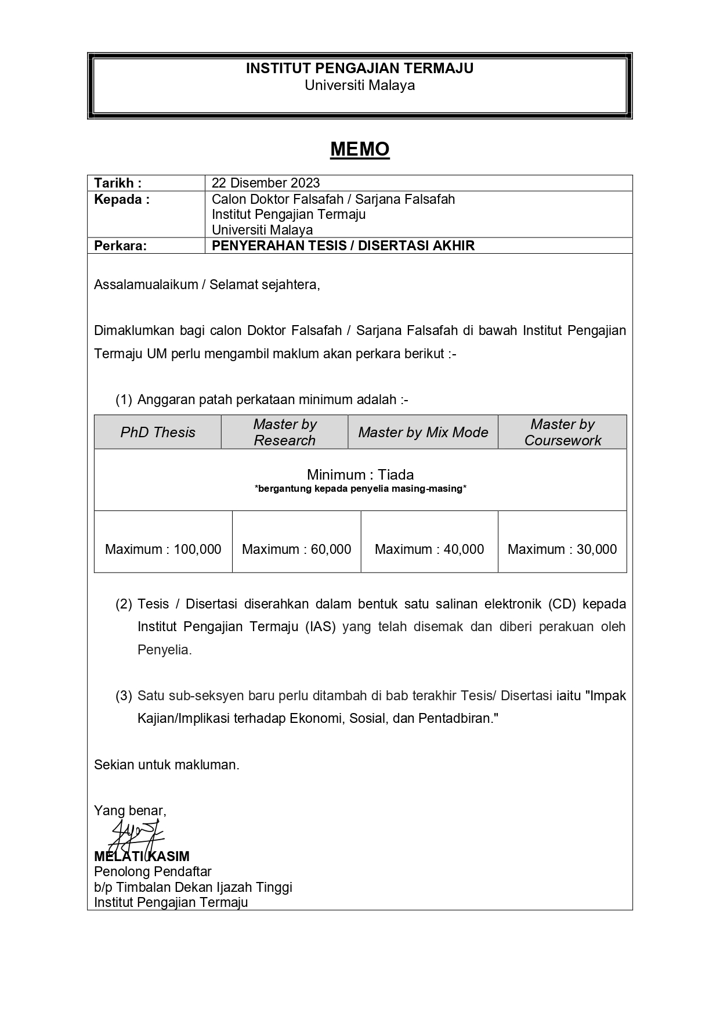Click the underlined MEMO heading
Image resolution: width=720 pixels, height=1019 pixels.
pyautogui.click(x=360, y=149)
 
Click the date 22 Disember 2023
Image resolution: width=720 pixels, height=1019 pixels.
pyautogui.click(x=266, y=183)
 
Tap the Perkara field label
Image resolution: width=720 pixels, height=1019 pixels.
pyautogui.click(x=121, y=246)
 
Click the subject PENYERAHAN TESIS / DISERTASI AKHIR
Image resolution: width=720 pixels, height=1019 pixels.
pyautogui.click(x=343, y=246)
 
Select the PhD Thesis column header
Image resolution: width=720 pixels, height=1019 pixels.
pyautogui.click(x=158, y=432)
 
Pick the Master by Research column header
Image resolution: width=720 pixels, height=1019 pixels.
pyautogui.click(x=284, y=432)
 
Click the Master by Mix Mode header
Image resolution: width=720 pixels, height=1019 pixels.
pyautogui.click(x=423, y=432)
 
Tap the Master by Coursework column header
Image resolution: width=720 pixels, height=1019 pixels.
pyautogui.click(x=562, y=432)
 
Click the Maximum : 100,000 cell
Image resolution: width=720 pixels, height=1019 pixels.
pyautogui.click(x=163, y=549)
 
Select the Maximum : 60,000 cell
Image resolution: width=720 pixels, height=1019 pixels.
pyautogui.click(x=296, y=549)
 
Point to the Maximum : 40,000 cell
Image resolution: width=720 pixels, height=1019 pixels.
pyautogui.click(x=429, y=549)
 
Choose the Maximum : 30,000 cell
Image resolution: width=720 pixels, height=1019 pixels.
pyautogui.click(x=562, y=549)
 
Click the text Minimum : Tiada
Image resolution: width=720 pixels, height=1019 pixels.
pyautogui.click(x=360, y=474)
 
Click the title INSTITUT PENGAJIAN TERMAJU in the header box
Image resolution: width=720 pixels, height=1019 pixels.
pyautogui.click(x=360, y=69)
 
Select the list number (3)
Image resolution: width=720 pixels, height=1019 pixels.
pyautogui.click(x=124, y=696)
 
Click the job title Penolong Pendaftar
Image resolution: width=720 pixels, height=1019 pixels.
pyautogui.click(x=153, y=872)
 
